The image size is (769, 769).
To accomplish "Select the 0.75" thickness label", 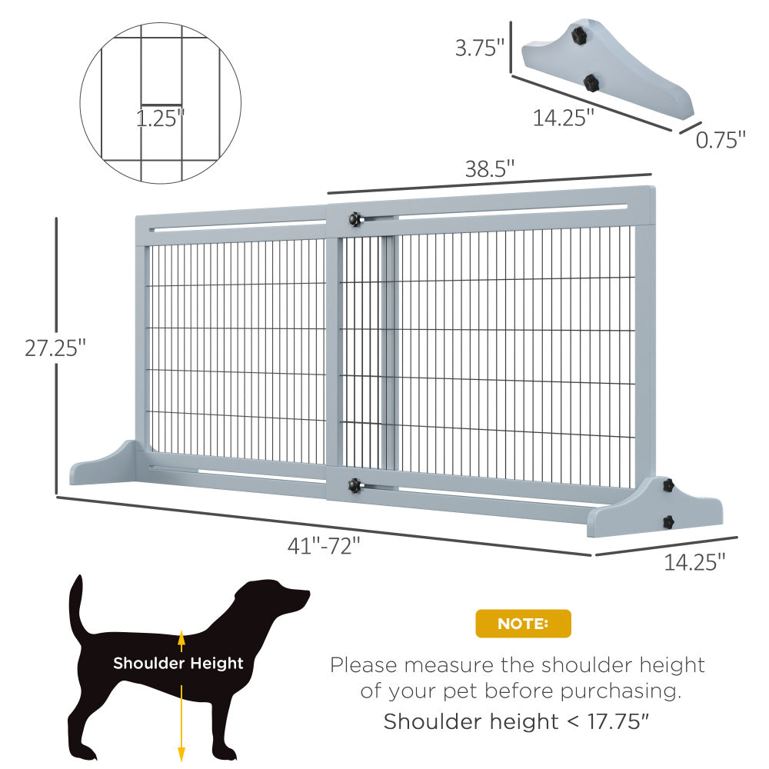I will click(x=721, y=140).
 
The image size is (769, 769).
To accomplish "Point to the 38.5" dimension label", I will click(x=489, y=170).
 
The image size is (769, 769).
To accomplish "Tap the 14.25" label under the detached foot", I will click(x=564, y=118).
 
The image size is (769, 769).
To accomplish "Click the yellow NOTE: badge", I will click(x=523, y=624).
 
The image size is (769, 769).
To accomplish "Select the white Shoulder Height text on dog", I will click(x=178, y=663).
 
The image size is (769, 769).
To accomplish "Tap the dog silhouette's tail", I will click(x=77, y=608).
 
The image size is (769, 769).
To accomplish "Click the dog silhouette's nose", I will click(x=306, y=594).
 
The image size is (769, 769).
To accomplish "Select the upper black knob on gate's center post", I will click(x=355, y=220).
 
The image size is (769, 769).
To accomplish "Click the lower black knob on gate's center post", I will click(x=355, y=485).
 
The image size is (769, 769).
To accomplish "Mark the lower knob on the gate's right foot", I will click(x=667, y=521).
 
